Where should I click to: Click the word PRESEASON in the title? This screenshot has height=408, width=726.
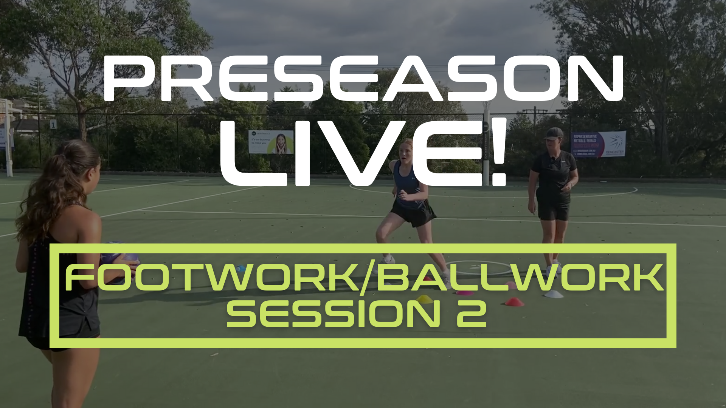pos(363,79)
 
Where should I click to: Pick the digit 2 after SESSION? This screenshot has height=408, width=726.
pos(471,314)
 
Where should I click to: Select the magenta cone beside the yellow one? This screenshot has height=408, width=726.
pos(464,292)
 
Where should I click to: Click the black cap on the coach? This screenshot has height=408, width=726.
pos(554,133)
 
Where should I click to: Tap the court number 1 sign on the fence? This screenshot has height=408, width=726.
pos(53,124)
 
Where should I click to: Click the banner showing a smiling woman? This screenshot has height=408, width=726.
pos(271,142)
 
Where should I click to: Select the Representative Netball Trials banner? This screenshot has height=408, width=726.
pos(599,144)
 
